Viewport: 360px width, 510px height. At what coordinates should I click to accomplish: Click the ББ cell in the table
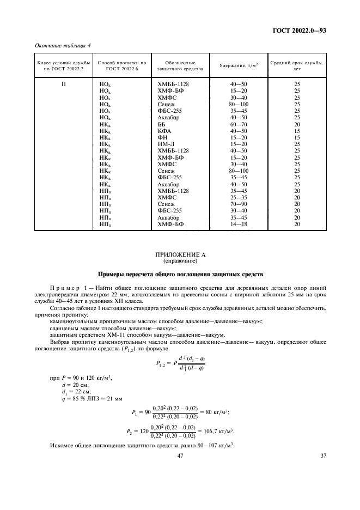[161, 124]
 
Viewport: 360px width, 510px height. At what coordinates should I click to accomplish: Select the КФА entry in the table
[164, 131]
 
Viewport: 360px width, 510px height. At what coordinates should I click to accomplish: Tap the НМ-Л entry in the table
[166, 144]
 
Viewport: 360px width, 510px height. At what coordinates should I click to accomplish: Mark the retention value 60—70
[239, 124]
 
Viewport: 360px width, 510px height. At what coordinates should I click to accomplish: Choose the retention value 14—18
[239, 223]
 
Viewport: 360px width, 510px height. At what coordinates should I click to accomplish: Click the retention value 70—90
[239, 203]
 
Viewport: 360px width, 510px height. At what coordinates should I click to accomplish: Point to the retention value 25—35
[239, 197]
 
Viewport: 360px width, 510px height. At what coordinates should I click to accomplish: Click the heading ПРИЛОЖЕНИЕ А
[180, 254]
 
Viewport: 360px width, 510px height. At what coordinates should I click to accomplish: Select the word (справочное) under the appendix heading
[180, 261]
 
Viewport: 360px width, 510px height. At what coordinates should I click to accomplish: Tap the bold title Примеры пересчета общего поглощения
[180, 274]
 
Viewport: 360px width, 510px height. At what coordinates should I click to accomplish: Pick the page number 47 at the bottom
[180, 456]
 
